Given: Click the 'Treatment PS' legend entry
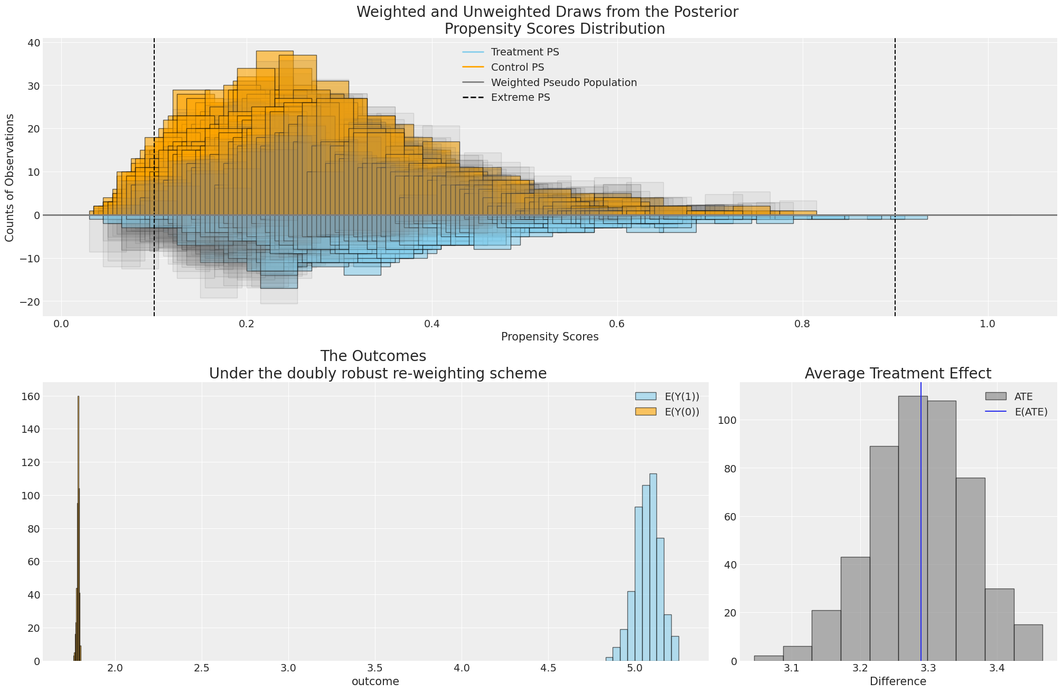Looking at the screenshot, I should [x=524, y=52].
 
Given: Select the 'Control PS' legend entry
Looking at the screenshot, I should [x=517, y=68].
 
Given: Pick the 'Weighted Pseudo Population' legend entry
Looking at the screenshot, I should [x=563, y=83].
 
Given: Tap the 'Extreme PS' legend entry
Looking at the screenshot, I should [x=520, y=98].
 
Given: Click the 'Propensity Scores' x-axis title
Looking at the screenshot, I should [x=550, y=337].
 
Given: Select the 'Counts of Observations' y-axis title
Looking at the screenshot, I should [x=10, y=178].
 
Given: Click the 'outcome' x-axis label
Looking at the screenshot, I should [x=375, y=681].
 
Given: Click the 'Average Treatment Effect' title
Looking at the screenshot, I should [x=898, y=374].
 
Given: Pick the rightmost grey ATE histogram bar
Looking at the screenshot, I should [x=1028, y=643].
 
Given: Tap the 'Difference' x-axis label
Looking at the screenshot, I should [x=898, y=681].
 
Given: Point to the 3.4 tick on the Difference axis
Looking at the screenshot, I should [x=997, y=668].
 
